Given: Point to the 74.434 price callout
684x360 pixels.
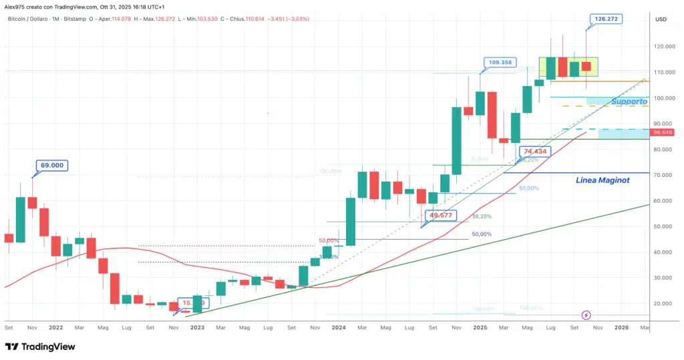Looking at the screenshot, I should coord(536,152).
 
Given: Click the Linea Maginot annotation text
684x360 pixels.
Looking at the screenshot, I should coord(603,180).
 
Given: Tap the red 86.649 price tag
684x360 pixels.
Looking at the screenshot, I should coord(666,133).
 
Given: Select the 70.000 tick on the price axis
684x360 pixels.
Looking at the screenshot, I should coord(665,175).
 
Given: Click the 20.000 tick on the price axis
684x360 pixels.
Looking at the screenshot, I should coord(665,303).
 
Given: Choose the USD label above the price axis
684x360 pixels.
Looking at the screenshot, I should coord(661,19).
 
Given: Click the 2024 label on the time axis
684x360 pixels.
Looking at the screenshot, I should coord(339,328).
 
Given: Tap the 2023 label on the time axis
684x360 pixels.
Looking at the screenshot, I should coord(197,328).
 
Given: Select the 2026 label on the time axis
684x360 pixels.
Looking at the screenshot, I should coord(622,328).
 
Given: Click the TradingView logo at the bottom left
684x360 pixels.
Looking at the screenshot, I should coord(40,347).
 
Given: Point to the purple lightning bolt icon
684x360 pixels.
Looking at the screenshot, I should coord(586,315).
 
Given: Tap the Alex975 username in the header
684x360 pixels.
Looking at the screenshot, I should coord(15,7).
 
